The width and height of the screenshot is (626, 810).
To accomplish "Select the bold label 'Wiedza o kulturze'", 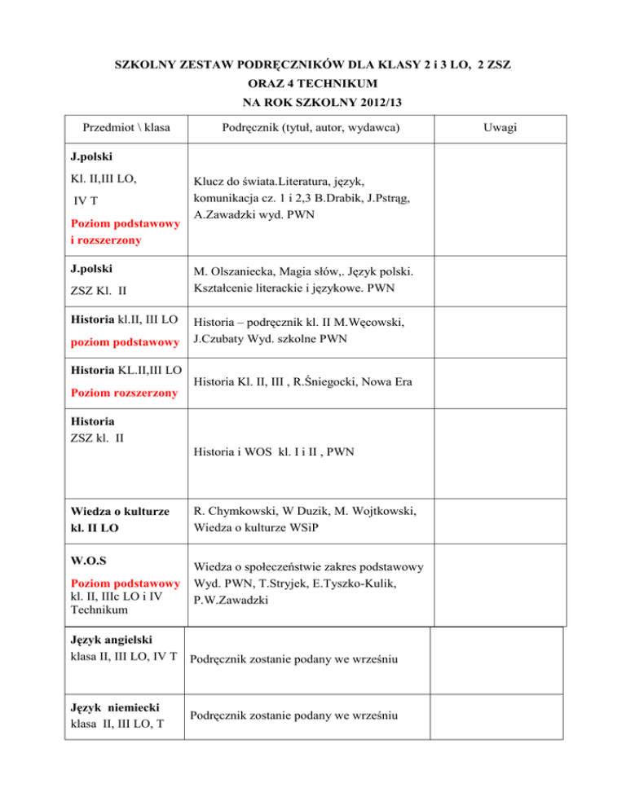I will (120, 512).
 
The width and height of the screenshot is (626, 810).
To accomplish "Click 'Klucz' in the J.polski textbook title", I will (211, 183).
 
